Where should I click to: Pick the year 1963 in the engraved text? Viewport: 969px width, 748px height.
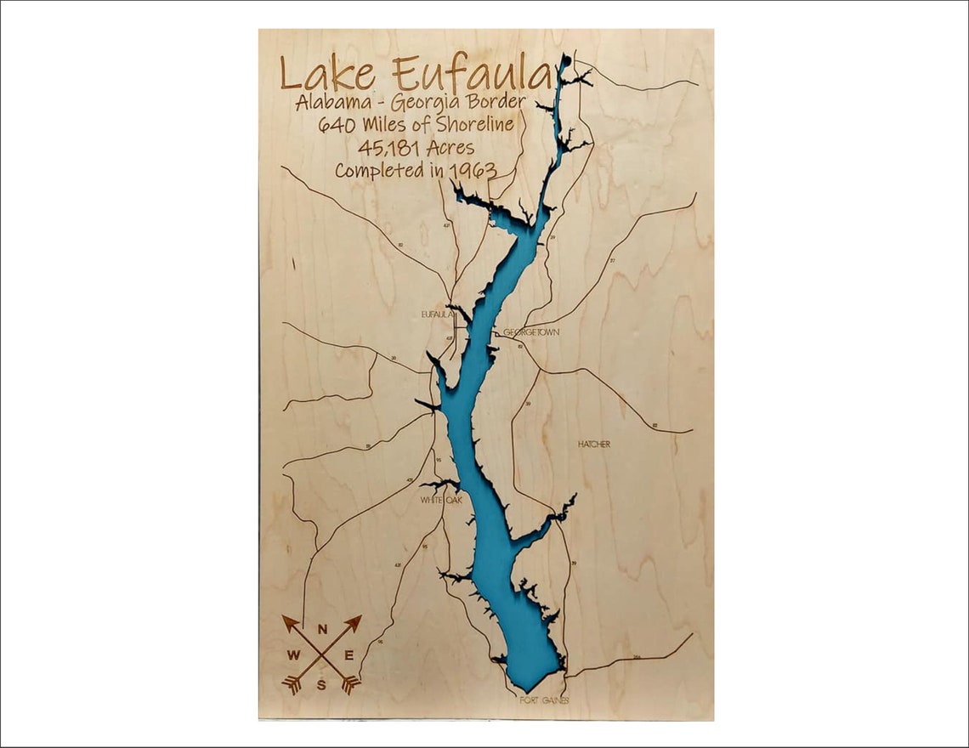point(473,170)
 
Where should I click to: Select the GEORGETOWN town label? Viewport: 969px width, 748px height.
point(531,332)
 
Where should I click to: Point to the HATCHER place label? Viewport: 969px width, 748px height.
point(593,445)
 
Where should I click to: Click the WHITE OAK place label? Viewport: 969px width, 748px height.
point(440,501)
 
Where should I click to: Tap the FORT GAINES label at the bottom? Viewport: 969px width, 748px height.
point(544,701)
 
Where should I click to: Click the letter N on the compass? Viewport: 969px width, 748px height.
point(322,630)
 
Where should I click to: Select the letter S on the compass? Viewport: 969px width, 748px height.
point(321,684)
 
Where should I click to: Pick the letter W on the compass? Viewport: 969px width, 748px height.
point(293,655)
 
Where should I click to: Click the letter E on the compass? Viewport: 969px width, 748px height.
point(348,655)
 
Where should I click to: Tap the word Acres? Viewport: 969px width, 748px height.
point(450,148)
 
